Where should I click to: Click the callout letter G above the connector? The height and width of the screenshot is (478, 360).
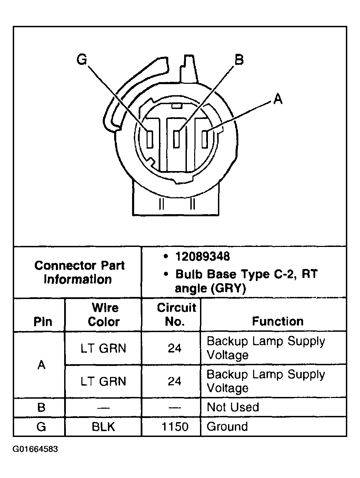pos(82,60)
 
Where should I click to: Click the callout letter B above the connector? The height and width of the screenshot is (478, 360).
pos(239,60)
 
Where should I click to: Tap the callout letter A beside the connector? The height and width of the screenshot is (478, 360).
pos(278,99)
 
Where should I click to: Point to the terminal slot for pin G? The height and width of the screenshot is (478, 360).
pos(150,139)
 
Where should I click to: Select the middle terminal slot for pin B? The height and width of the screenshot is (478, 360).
pos(177,139)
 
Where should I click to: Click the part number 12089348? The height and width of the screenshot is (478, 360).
pos(202,257)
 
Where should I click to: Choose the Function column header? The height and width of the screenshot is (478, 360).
pos(278,321)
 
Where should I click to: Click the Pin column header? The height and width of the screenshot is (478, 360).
pos(42,322)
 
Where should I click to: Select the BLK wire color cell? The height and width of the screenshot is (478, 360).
pos(103,427)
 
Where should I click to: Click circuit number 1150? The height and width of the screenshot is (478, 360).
pos(175,427)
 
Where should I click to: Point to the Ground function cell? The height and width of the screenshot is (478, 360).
pos(227,427)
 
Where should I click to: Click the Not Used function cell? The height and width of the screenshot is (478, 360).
pos(233,407)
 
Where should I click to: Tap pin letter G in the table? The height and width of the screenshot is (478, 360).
pos(41,427)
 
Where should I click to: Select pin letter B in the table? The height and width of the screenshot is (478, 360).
pos(41,407)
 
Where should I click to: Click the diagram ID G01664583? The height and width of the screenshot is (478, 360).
pos(36,449)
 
